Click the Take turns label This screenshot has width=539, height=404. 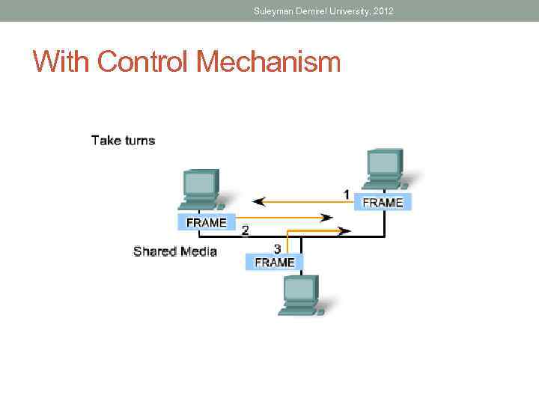point(123,140)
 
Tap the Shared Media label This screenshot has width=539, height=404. point(174,251)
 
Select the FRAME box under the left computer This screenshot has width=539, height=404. point(207,222)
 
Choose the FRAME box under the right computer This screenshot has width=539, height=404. point(383,202)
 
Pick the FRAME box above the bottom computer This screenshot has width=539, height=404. point(275,262)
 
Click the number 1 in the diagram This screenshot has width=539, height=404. point(347,194)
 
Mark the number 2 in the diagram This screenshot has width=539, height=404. point(245,231)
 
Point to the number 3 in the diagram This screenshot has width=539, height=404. point(277,248)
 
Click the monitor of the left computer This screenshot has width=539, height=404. point(200,183)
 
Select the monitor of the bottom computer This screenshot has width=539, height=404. point(299,289)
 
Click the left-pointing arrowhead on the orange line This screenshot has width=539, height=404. point(260,201)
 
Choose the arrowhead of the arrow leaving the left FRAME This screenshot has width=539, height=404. point(327,218)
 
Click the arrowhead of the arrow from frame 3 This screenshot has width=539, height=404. point(344,231)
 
